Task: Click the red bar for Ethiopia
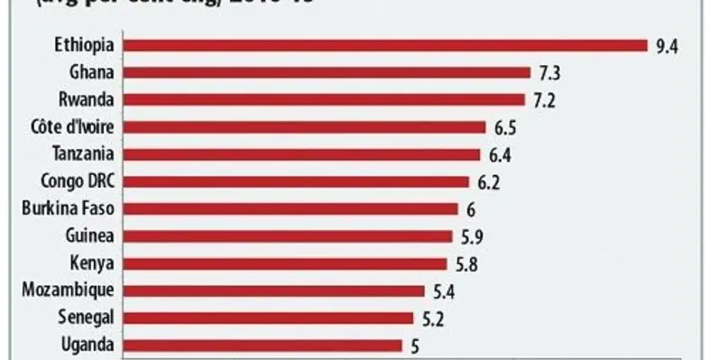385,44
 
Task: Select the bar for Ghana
327,72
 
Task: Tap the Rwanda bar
323,99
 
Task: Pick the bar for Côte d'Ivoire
304,126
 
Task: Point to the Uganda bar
262,345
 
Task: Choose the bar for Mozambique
273,291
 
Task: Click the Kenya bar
284,263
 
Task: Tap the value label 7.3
549,72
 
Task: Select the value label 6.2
488,181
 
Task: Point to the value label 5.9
471,236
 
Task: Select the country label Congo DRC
76,181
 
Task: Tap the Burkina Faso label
68,208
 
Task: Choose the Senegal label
86,318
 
